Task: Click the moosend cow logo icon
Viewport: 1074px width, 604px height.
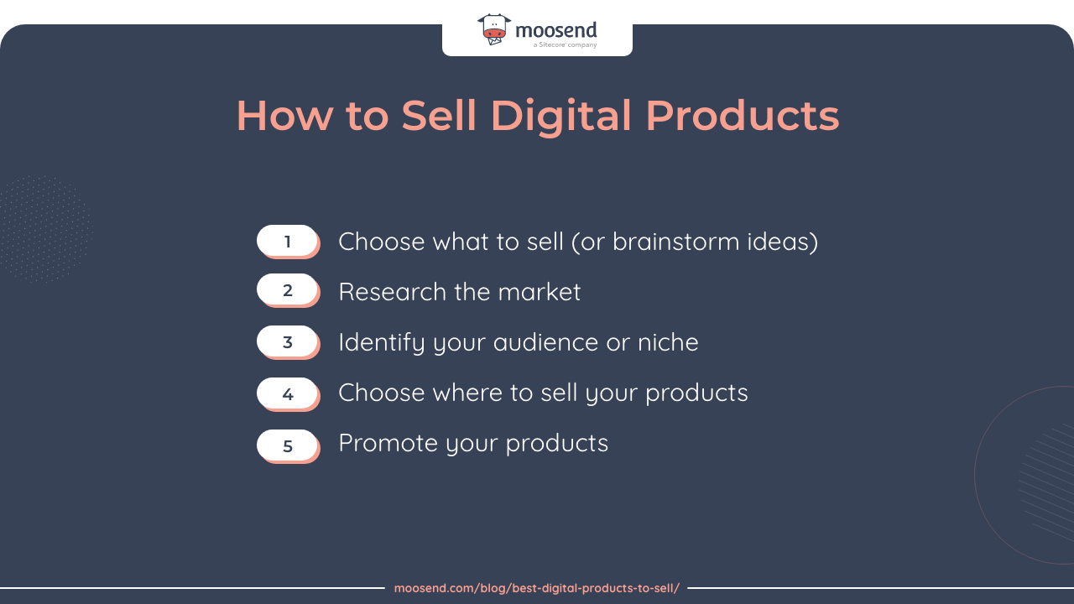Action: pyautogui.click(x=493, y=29)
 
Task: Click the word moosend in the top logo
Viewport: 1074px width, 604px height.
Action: pyautogui.click(x=555, y=30)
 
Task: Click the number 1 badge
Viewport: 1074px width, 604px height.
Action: pyautogui.click(x=287, y=242)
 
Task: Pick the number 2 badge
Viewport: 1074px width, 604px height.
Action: pyautogui.click(x=287, y=290)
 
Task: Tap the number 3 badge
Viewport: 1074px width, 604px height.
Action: pyautogui.click(x=287, y=342)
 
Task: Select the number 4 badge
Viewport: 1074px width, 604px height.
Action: pyautogui.click(x=287, y=393)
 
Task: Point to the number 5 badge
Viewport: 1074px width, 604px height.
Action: pyautogui.click(x=287, y=445)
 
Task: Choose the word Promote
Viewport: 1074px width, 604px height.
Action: pyautogui.click(x=388, y=443)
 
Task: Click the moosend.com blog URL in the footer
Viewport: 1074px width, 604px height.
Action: pyautogui.click(x=537, y=588)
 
